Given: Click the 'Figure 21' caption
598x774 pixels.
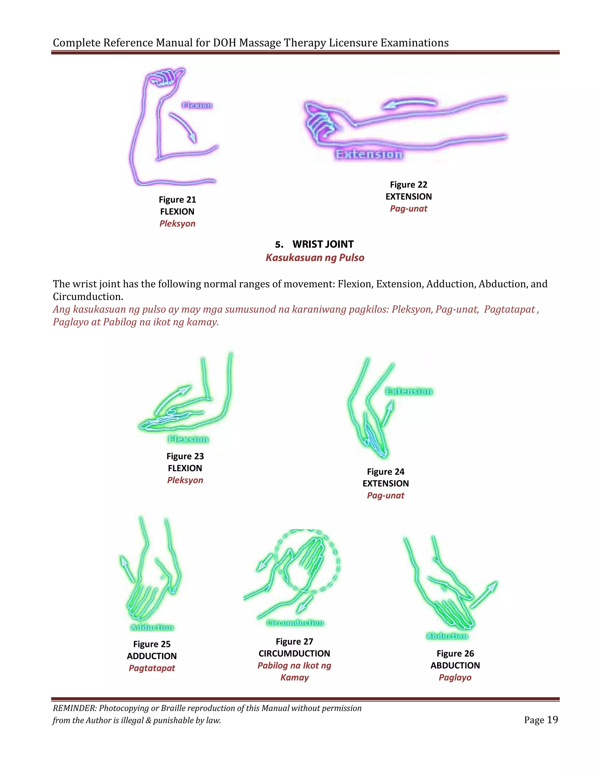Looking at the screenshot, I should pyautogui.click(x=177, y=199).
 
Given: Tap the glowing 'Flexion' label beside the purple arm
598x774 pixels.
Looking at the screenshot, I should pyautogui.click(x=197, y=105).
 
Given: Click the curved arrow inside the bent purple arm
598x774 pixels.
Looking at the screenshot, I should pyautogui.click(x=183, y=127).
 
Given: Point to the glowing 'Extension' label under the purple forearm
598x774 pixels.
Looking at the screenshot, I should pyautogui.click(x=369, y=154).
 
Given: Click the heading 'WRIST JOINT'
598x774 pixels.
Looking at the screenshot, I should pyautogui.click(x=323, y=244).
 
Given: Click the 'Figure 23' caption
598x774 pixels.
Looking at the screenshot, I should pyautogui.click(x=185, y=456).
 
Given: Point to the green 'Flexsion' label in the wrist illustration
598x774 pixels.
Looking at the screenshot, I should pyautogui.click(x=188, y=440).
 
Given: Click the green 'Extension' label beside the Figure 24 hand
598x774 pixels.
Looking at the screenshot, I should pyautogui.click(x=409, y=391).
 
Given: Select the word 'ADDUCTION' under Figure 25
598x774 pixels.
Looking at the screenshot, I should pyautogui.click(x=152, y=656).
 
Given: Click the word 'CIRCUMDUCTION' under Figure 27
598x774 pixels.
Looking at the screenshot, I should pyautogui.click(x=294, y=653).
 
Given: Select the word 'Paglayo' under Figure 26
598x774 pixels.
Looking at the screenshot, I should pyautogui.click(x=455, y=677).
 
